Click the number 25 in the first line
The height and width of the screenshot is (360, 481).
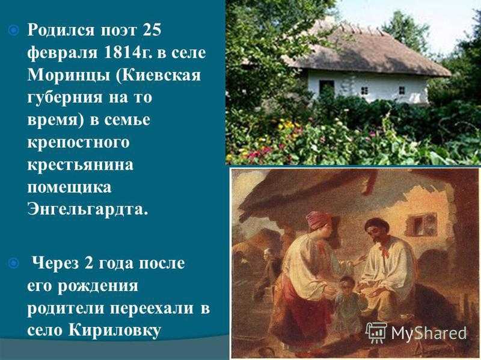tap(152, 30)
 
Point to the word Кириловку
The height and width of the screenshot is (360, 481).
tap(114, 331)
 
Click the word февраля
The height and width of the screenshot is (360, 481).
tap(63, 53)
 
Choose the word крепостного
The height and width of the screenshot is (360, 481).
tap(78, 143)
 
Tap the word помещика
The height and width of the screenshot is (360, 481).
tap(69, 187)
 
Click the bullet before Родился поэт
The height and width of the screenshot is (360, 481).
tap(14, 31)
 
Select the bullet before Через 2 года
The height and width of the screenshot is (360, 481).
tap(14, 263)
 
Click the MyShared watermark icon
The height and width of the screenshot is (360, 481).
tap(376, 332)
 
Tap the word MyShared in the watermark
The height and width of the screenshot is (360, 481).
tap(429, 333)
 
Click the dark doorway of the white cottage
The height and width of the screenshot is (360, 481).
tap(326, 88)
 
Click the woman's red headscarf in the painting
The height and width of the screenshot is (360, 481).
tap(319, 220)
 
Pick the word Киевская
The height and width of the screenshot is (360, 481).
tap(159, 76)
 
